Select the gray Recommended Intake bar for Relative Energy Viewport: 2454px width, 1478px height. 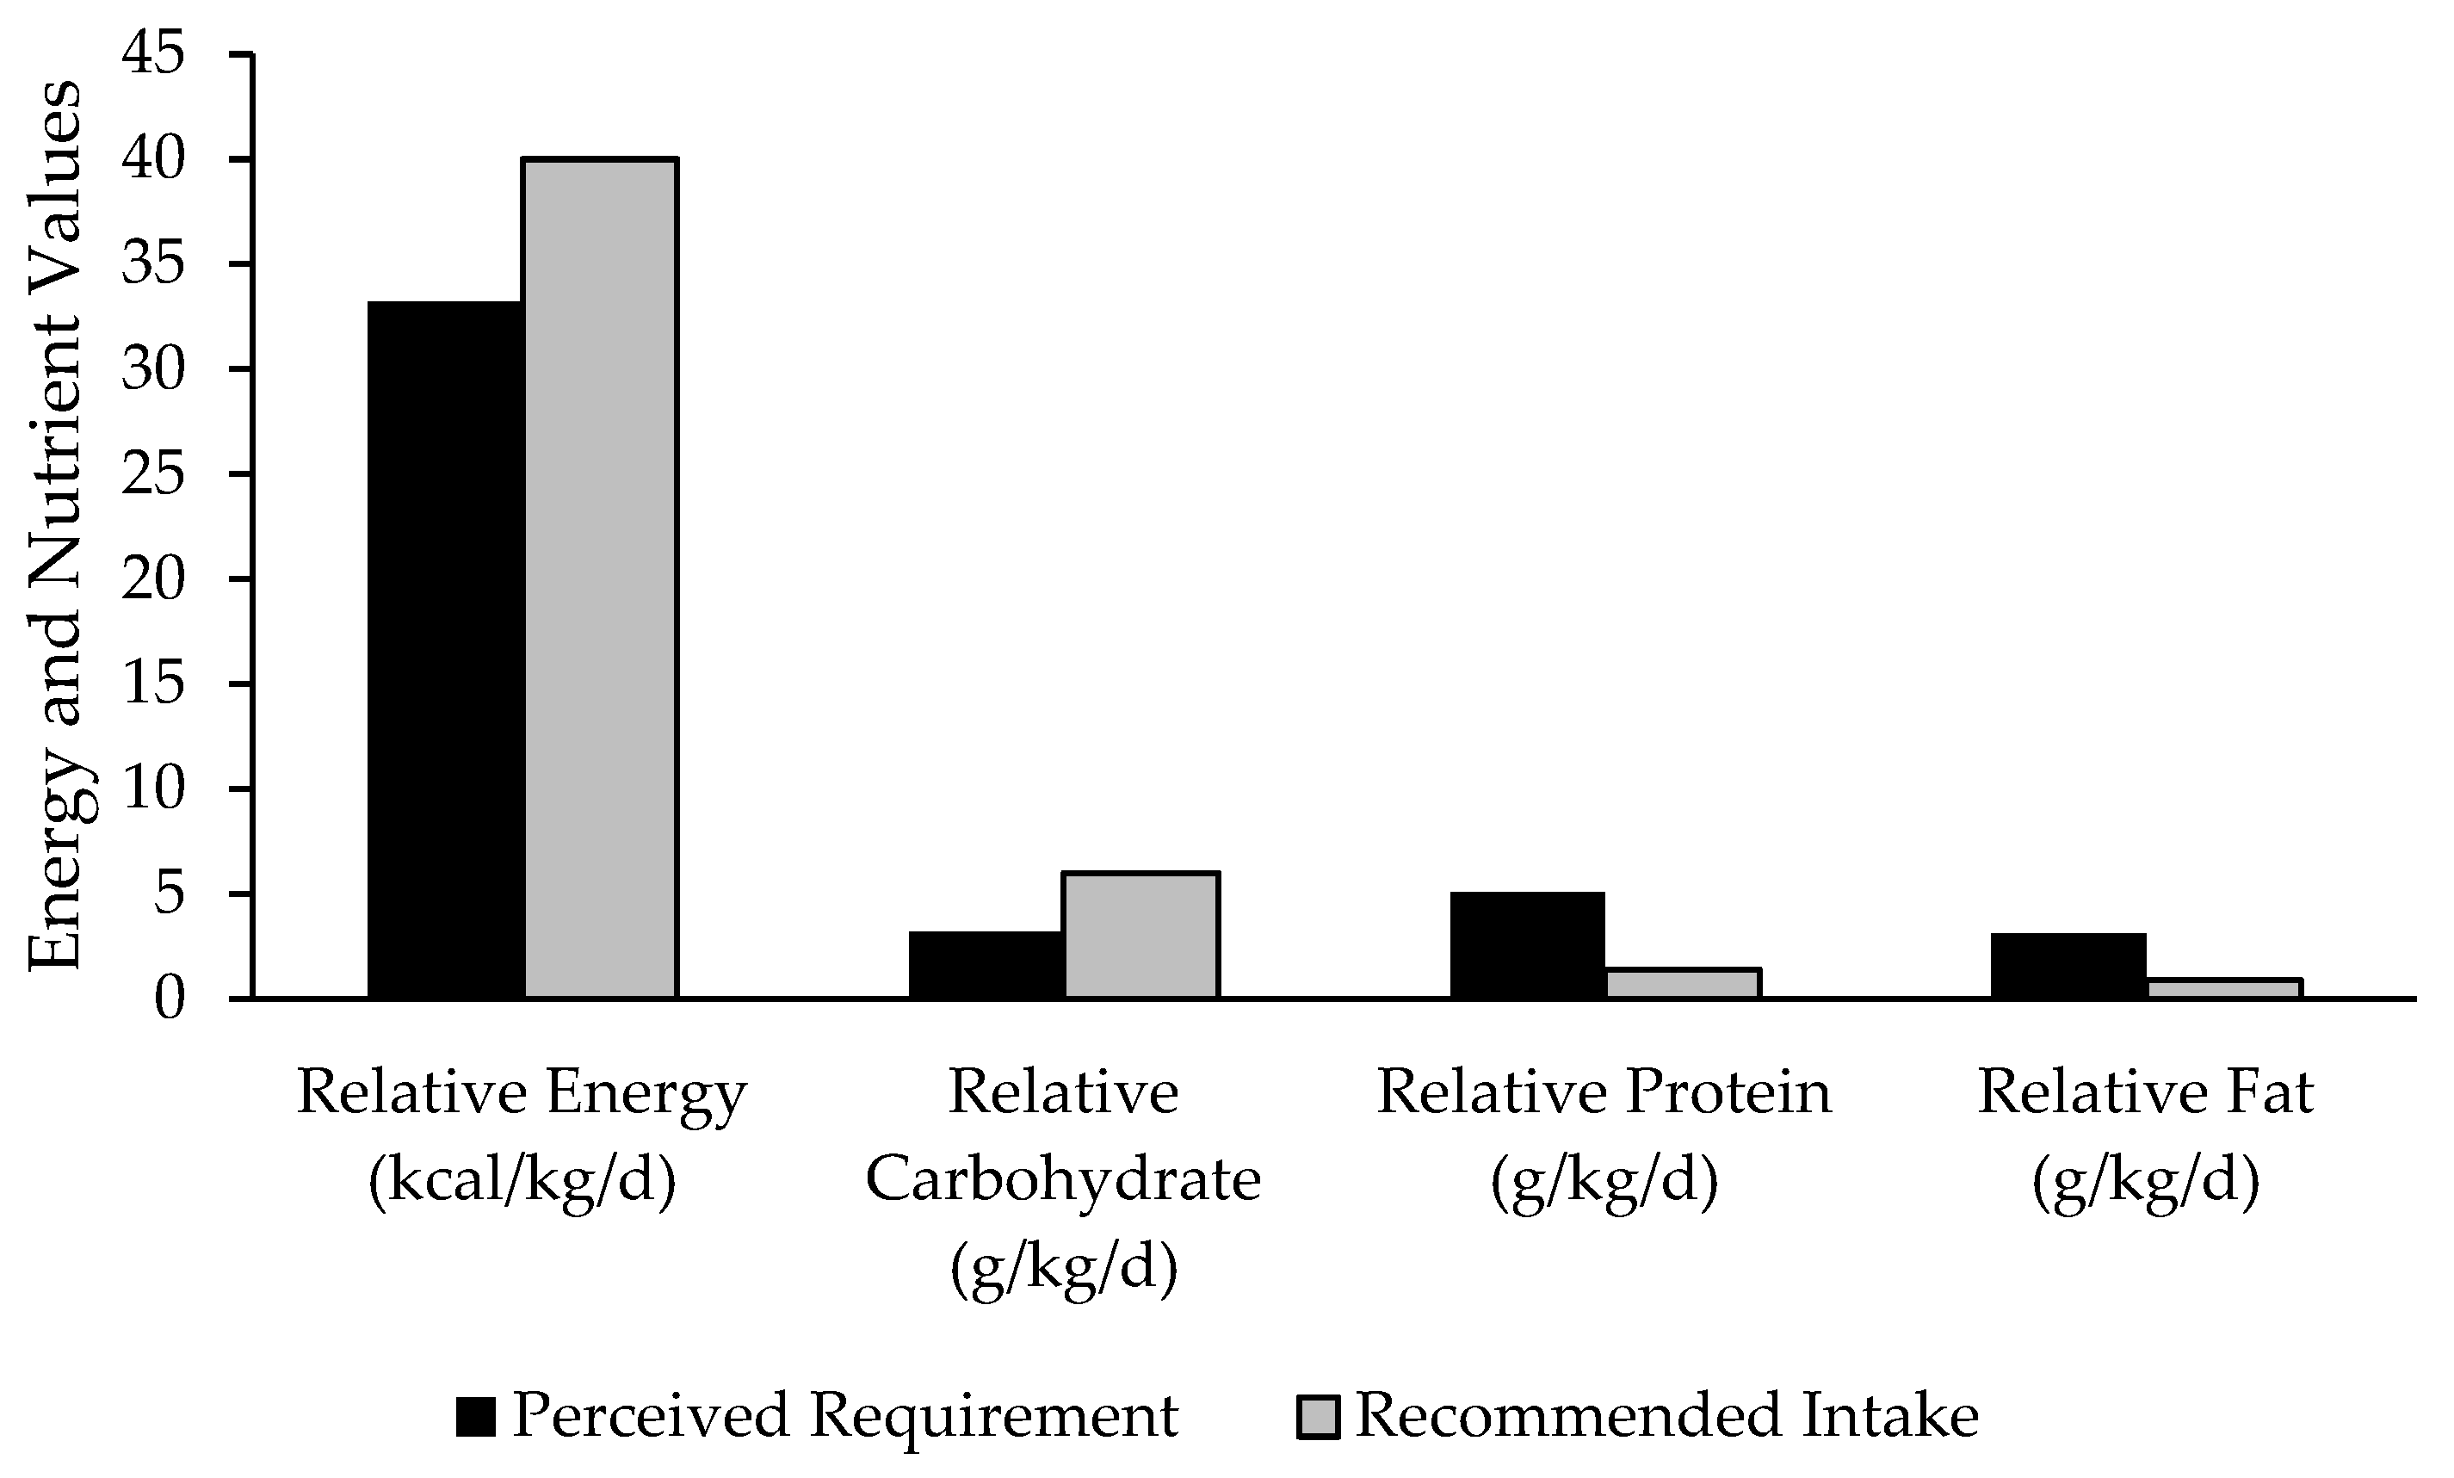point(602,578)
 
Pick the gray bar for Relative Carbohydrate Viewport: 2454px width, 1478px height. point(1141,934)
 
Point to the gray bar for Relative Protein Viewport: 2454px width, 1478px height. point(1683,982)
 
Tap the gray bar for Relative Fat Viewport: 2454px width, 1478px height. point(2223,987)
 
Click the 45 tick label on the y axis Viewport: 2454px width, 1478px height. point(153,55)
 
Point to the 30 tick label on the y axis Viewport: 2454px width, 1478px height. point(153,369)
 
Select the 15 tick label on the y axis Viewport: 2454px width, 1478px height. point(153,684)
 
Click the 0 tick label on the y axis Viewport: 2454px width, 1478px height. point(170,999)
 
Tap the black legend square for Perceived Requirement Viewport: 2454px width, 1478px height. point(476,1416)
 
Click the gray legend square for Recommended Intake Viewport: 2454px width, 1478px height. point(1318,1416)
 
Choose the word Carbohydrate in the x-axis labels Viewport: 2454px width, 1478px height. point(1063,1179)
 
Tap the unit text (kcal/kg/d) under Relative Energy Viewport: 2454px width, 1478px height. point(522,1179)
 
